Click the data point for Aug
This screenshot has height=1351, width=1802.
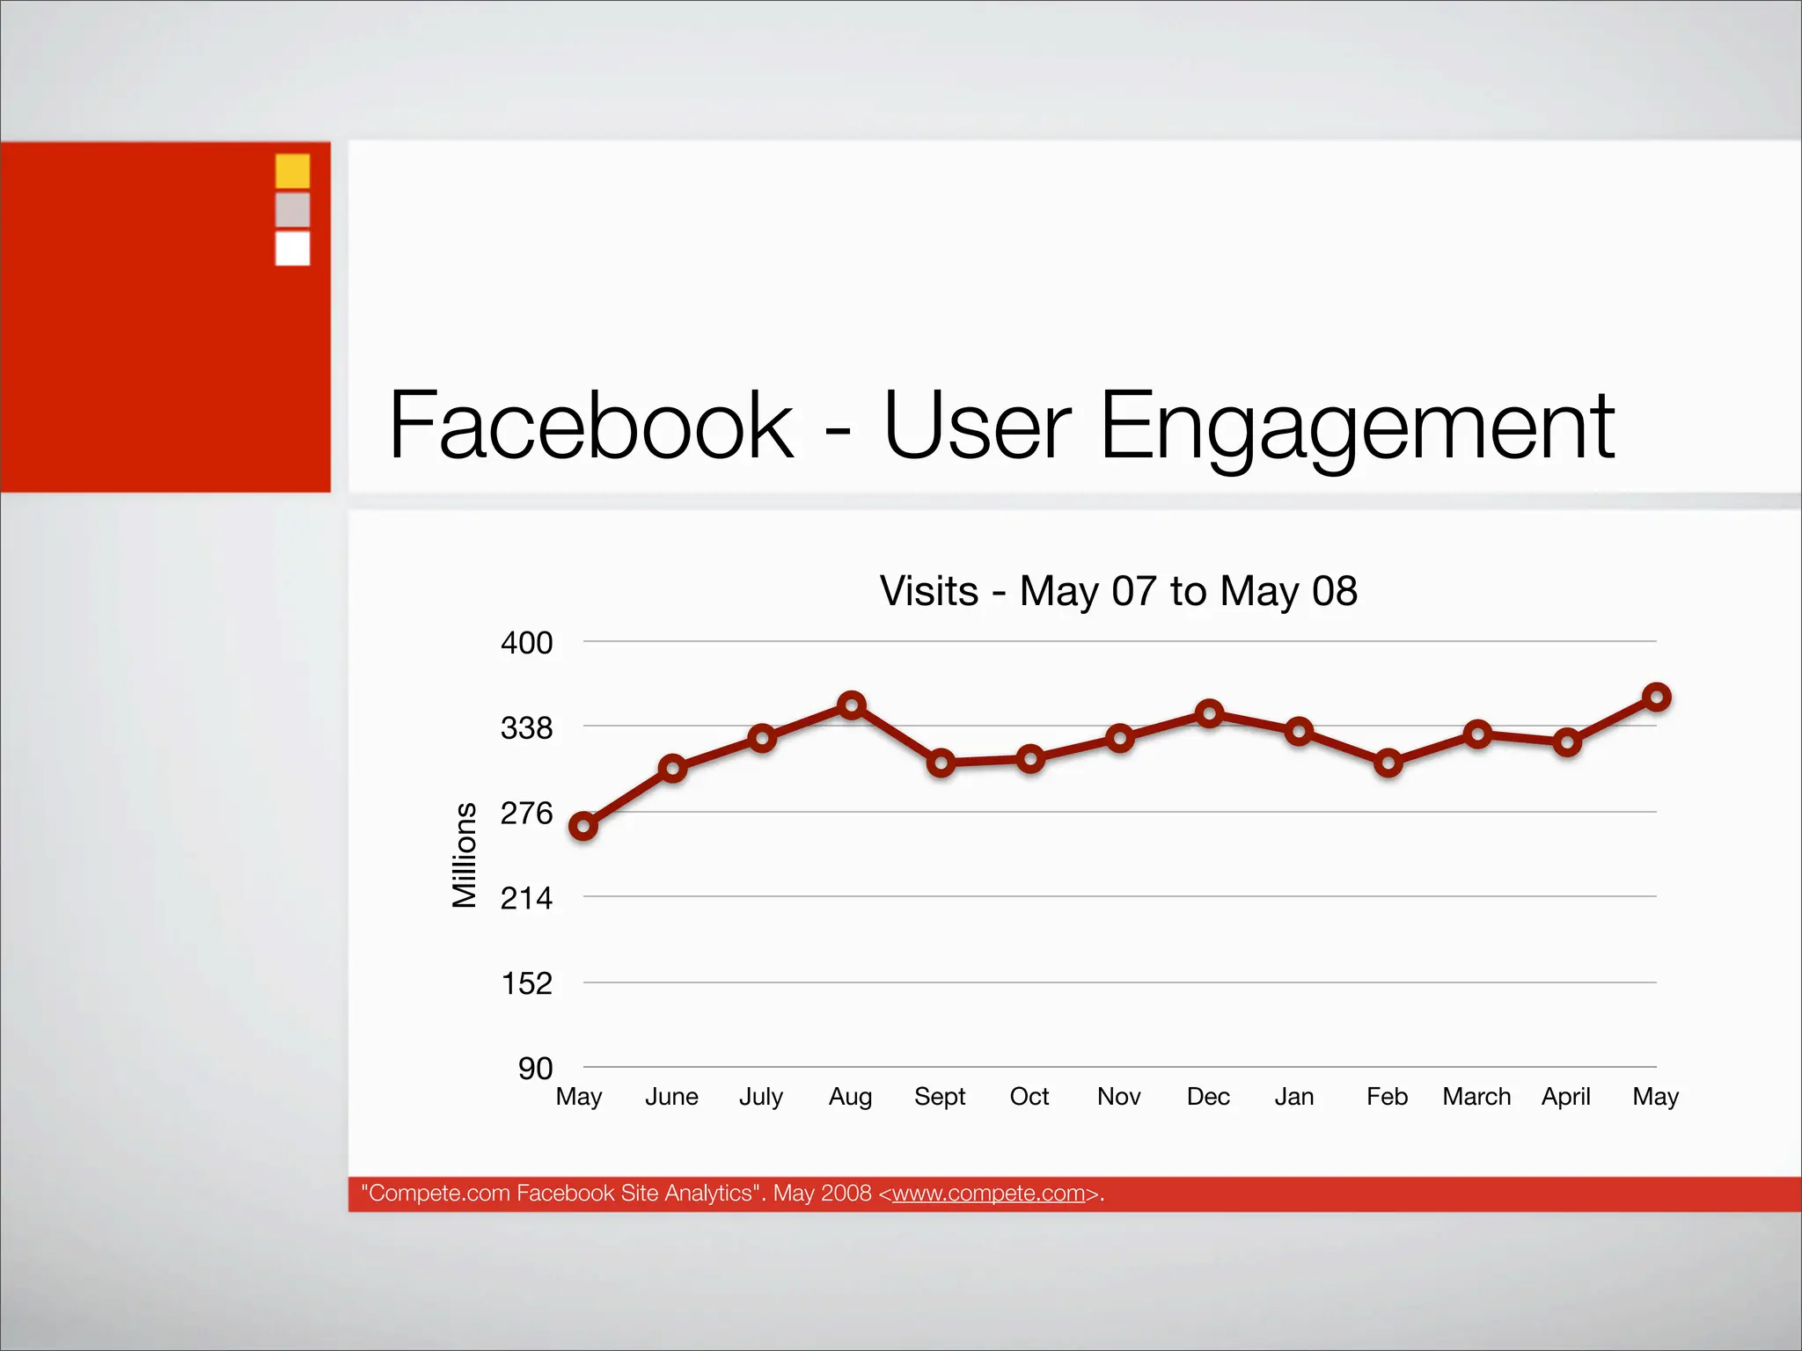point(851,705)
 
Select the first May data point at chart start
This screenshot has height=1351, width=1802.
point(583,826)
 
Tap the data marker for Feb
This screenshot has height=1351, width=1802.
point(1388,763)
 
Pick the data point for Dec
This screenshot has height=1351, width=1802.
point(1209,713)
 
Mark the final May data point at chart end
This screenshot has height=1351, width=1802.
point(1656,697)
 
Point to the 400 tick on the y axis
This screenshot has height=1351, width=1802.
point(526,643)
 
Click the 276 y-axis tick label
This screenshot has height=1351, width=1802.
point(526,813)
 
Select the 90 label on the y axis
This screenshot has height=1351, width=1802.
point(535,1069)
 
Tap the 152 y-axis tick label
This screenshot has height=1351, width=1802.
point(526,983)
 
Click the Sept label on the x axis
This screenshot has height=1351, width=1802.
point(940,1097)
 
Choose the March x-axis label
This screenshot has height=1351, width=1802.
point(1476,1097)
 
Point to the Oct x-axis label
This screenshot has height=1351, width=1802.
point(1029,1097)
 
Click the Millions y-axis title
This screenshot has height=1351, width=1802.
point(464,855)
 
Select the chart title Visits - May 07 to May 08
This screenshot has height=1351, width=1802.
point(1118,591)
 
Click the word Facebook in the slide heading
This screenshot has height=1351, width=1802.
point(591,426)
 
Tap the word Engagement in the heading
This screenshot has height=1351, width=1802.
point(1357,427)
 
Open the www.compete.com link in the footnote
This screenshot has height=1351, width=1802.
point(988,1194)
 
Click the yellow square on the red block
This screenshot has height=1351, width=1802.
point(293,171)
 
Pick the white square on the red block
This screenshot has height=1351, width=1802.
point(293,248)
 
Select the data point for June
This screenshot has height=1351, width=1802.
point(672,769)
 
